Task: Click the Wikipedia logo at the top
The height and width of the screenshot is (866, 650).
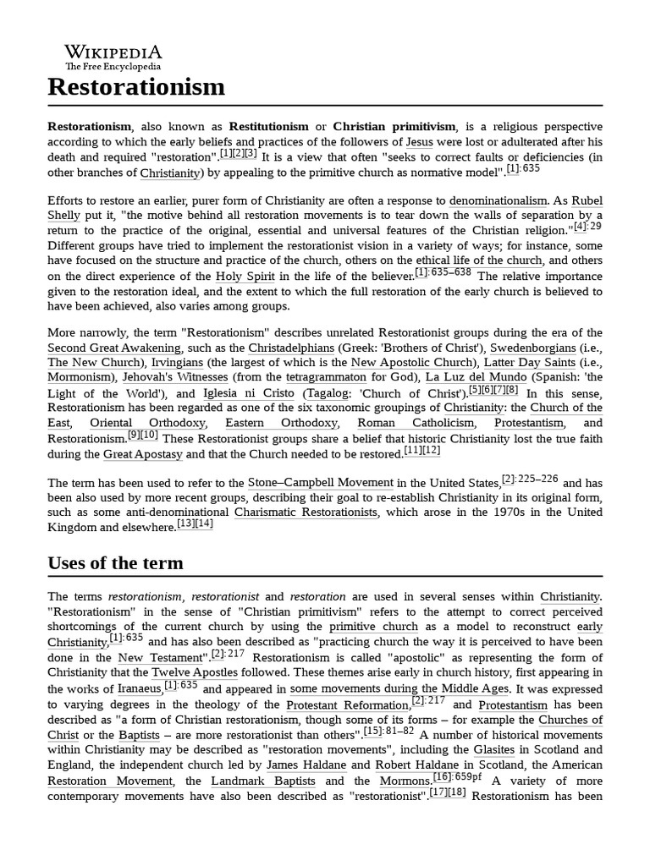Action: pos(113,57)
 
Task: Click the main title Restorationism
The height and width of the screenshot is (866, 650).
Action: pos(136,86)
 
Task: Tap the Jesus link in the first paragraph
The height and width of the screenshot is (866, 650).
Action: pos(420,141)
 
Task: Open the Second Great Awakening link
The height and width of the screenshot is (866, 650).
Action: pos(114,348)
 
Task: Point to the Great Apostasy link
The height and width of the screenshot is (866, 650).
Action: pos(142,454)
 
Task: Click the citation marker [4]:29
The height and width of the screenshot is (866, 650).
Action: pos(587,227)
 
